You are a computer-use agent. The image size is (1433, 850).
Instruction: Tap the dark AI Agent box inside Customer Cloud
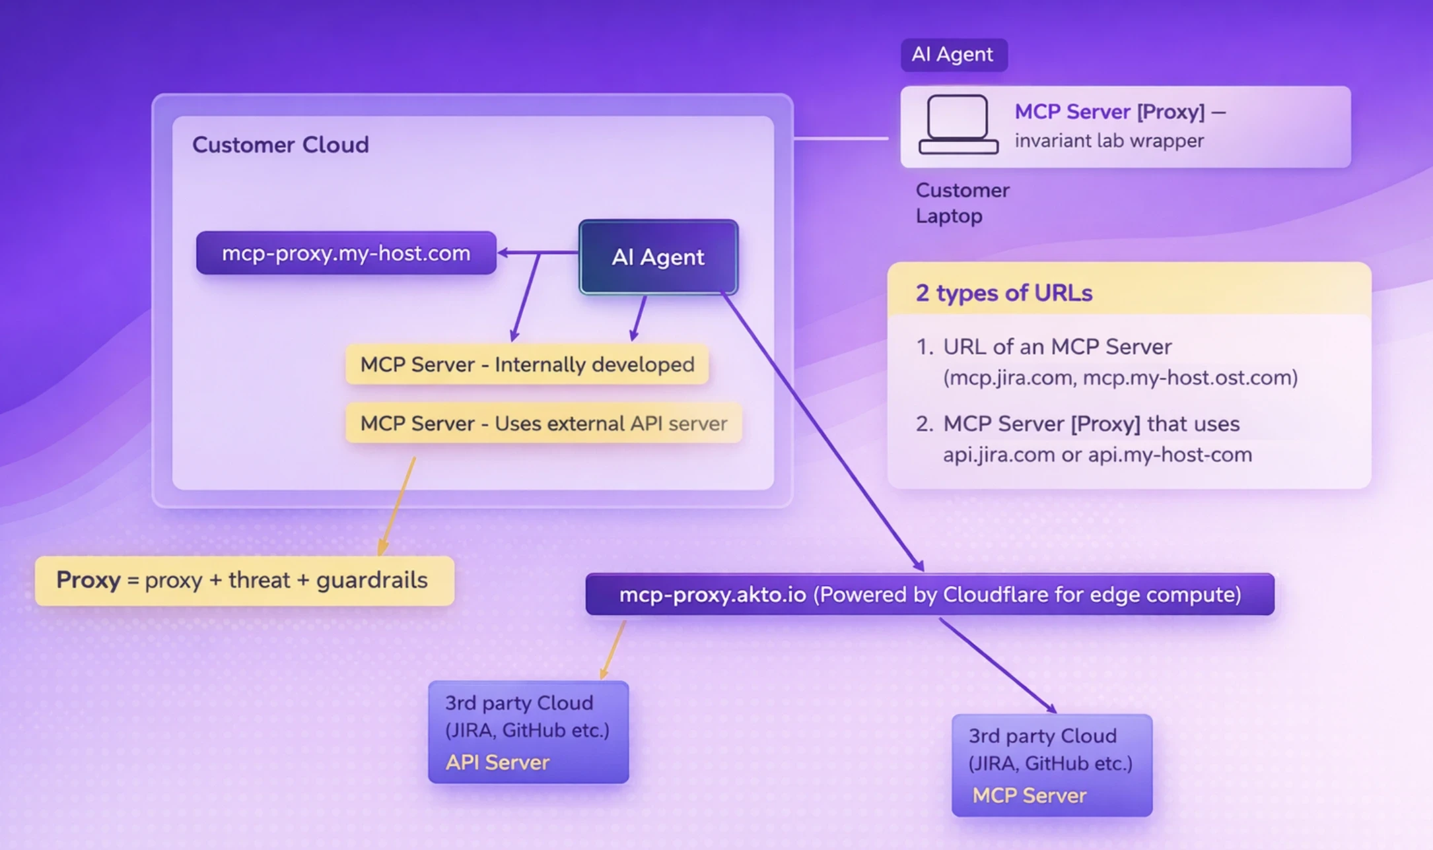tap(658, 257)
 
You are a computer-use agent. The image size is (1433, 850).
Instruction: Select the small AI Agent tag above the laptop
tap(953, 55)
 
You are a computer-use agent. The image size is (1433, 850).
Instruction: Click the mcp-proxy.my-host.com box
tap(346, 253)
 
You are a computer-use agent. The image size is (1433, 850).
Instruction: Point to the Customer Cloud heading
tap(281, 145)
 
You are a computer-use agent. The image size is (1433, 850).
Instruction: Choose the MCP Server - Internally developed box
tap(527, 364)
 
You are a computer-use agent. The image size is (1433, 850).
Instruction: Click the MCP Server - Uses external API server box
tap(543, 423)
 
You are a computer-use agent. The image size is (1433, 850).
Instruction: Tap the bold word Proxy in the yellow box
tap(88, 580)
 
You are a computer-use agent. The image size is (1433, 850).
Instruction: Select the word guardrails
tap(372, 580)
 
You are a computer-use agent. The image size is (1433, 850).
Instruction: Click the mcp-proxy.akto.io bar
tap(929, 595)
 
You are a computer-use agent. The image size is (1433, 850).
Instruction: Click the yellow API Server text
tap(497, 762)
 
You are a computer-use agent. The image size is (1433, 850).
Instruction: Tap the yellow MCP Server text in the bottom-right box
tap(1029, 795)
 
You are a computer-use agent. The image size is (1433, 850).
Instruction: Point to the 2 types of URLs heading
tap(1004, 292)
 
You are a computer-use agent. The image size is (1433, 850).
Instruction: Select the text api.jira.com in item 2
tap(998, 455)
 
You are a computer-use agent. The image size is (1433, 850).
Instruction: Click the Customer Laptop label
tap(961, 203)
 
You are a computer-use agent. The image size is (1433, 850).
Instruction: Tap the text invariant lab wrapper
tap(1109, 141)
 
